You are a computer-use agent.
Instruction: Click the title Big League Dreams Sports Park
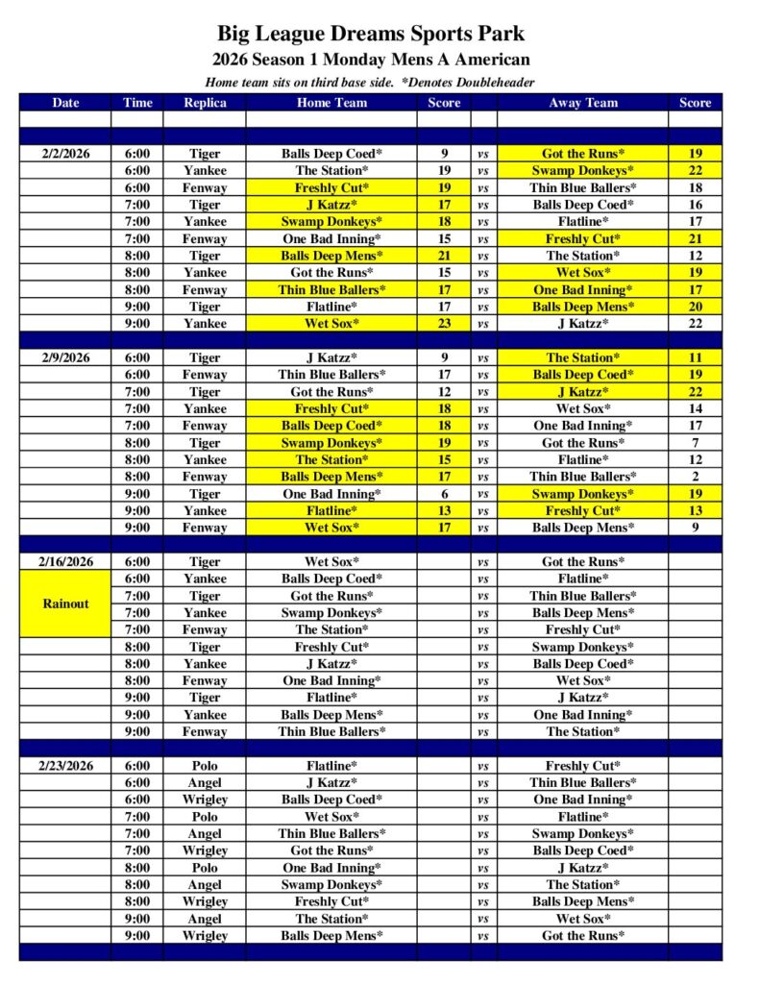(x=370, y=34)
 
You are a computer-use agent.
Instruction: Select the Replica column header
(x=205, y=103)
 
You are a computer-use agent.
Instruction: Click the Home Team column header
(x=331, y=103)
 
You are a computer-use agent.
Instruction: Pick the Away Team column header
(x=583, y=103)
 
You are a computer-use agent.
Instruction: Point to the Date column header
(x=65, y=103)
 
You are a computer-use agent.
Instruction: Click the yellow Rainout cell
(x=65, y=603)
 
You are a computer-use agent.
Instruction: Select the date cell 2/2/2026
(x=65, y=154)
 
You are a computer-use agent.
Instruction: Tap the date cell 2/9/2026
(x=65, y=357)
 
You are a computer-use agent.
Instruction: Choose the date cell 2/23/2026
(x=65, y=766)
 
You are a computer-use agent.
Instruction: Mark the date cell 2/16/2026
(x=65, y=562)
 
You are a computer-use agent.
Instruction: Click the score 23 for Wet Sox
(x=445, y=324)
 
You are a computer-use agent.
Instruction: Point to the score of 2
(x=695, y=477)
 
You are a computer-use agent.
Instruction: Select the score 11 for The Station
(x=695, y=357)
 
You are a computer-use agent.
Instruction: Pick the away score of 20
(x=695, y=307)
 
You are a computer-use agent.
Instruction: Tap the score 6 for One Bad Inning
(x=445, y=494)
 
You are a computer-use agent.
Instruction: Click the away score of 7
(x=695, y=443)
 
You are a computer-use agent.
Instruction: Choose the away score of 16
(x=695, y=205)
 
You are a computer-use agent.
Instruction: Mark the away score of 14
(x=695, y=408)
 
